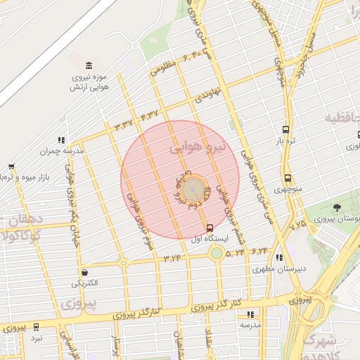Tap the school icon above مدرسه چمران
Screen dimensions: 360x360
tap(62, 140)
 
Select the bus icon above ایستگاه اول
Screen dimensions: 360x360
tap(210, 227)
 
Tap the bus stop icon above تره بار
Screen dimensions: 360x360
tap(285, 130)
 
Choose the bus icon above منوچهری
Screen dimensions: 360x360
tap(288, 179)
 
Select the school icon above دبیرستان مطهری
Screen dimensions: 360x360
tap(279, 258)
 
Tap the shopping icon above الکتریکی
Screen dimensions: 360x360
tap(84, 272)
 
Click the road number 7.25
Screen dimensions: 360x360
tap(298, 225)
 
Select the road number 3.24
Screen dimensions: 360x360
tap(172, 258)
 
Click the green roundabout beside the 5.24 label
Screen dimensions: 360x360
tap(217, 252)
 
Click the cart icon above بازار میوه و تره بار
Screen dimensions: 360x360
tap(11, 167)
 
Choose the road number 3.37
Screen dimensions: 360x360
tap(123, 126)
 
